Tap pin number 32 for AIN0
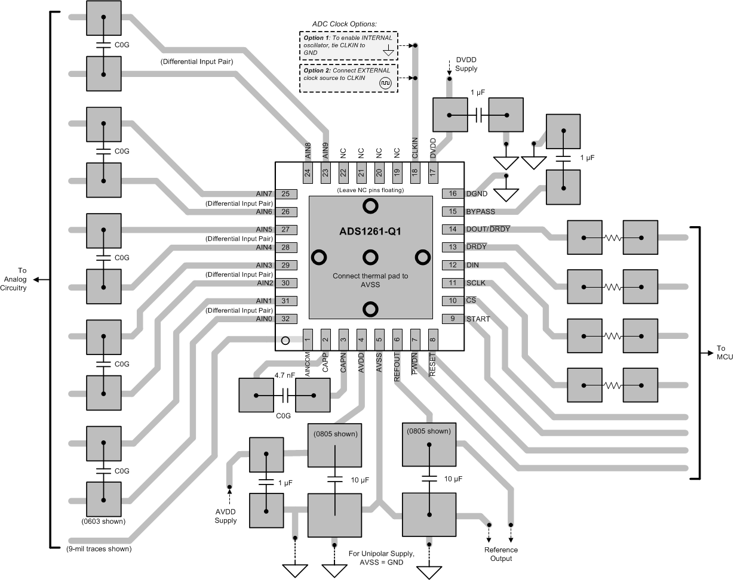[x=285, y=319]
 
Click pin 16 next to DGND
[x=453, y=193]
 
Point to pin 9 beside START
[x=453, y=319]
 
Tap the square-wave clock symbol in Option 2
[x=386, y=84]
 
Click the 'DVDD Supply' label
[x=466, y=64]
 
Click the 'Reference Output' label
[x=501, y=554]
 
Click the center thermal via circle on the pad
[x=370, y=257]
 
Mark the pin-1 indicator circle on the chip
[x=285, y=341]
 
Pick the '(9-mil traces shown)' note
[x=99, y=548]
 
